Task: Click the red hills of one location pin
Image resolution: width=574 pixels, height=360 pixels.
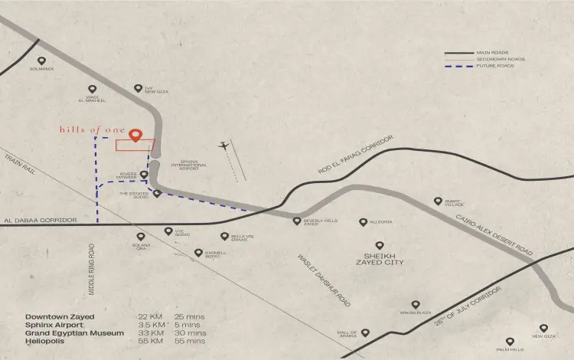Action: (136, 136)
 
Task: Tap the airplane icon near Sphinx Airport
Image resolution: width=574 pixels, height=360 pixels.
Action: (223, 145)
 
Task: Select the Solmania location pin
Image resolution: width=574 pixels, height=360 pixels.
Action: (41, 61)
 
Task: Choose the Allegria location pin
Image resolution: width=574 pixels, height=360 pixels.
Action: (364, 222)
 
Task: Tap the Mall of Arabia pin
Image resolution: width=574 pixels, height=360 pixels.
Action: (365, 333)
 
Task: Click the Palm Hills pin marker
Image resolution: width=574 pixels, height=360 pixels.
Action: (510, 342)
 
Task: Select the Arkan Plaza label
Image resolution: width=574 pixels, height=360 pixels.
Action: (416, 313)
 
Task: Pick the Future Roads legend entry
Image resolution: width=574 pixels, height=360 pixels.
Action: (494, 66)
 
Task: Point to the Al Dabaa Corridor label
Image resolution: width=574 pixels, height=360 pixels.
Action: (41, 221)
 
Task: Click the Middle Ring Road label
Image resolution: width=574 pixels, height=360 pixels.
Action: (91, 270)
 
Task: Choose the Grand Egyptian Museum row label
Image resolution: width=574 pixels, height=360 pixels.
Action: (74, 333)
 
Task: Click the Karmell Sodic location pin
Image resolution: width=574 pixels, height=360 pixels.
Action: (198, 252)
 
